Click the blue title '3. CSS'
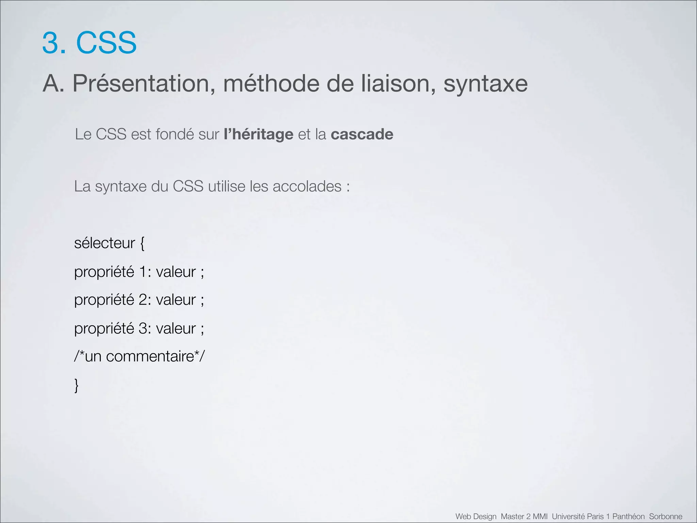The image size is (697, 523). pos(89,43)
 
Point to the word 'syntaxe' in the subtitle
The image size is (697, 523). pos(485,84)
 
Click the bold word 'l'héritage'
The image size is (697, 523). pos(258,134)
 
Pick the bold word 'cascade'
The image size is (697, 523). pos(362,134)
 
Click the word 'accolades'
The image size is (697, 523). pos(307,186)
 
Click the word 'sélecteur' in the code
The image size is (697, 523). pos(104,243)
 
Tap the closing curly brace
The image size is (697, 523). pos(77,386)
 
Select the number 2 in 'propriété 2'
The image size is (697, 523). pos(143,300)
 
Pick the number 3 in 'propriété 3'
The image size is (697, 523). pos(143,329)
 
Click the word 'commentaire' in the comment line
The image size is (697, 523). pos(150,356)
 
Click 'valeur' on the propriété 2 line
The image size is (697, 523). pos(176,300)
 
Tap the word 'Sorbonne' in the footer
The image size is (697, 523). pos(665,517)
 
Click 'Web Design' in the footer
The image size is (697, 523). pos(476,517)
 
